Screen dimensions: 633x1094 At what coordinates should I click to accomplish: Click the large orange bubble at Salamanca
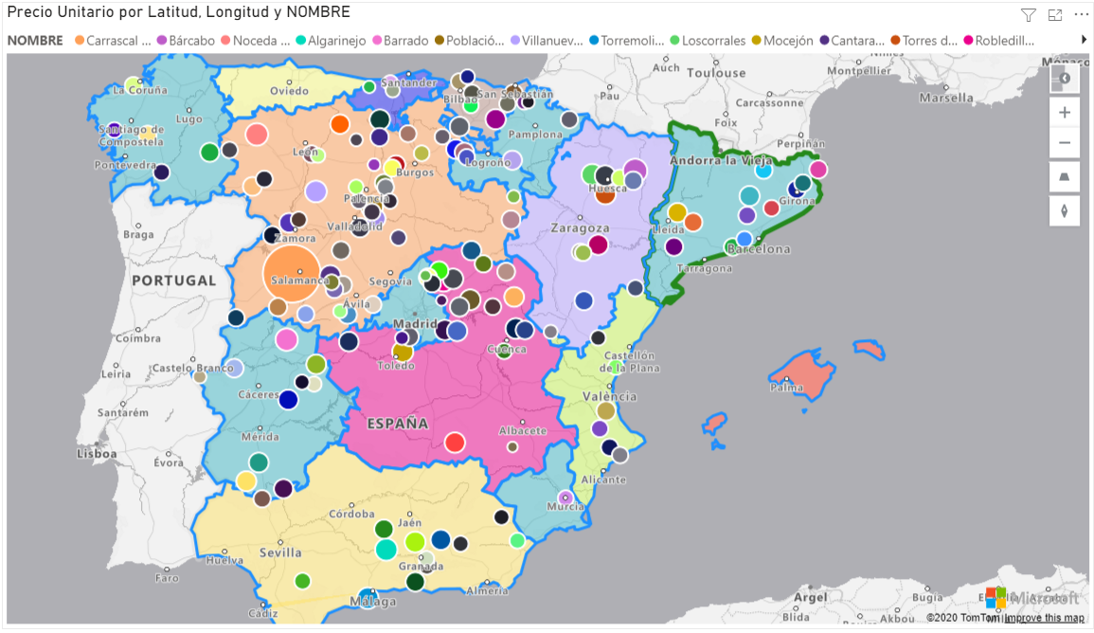click(x=291, y=272)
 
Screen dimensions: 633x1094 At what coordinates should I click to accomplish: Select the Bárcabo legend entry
click(x=190, y=41)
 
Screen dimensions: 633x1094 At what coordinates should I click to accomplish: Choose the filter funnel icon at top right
click(x=1028, y=14)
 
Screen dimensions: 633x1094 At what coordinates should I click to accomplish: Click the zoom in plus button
click(x=1065, y=112)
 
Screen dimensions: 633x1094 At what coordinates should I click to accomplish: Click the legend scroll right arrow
click(x=1084, y=40)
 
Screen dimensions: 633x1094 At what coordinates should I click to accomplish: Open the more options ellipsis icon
click(x=1081, y=14)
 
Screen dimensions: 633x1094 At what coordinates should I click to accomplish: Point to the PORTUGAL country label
click(x=174, y=280)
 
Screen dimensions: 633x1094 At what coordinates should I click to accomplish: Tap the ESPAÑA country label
click(x=398, y=423)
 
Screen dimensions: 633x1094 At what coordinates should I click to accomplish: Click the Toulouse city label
click(x=716, y=73)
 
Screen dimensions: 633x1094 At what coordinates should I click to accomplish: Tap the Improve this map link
click(x=1044, y=618)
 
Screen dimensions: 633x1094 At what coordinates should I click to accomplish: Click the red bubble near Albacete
click(x=455, y=443)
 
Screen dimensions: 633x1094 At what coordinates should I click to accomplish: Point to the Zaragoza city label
click(x=580, y=228)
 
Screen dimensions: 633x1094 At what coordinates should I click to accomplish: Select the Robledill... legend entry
click(x=1004, y=41)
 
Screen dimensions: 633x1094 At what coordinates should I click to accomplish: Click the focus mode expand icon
click(x=1054, y=14)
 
